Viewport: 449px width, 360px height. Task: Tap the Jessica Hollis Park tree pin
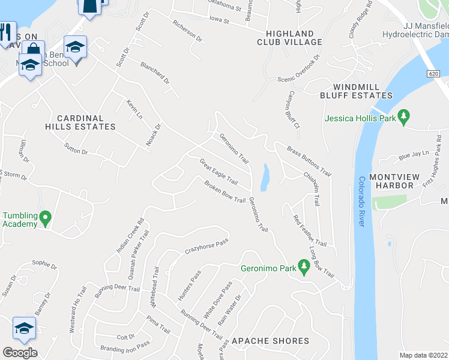pyautogui.click(x=404, y=116)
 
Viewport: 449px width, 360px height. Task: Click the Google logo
pyautogui.click(x=20, y=353)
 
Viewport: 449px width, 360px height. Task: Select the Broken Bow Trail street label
pyautogui.click(x=225, y=192)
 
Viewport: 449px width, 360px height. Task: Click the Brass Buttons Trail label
pyautogui.click(x=309, y=160)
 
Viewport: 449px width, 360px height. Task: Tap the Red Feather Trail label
pyautogui.click(x=310, y=231)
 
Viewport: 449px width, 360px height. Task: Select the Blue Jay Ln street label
pyautogui.click(x=415, y=155)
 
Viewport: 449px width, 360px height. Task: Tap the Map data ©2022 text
pyautogui.click(x=423, y=355)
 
